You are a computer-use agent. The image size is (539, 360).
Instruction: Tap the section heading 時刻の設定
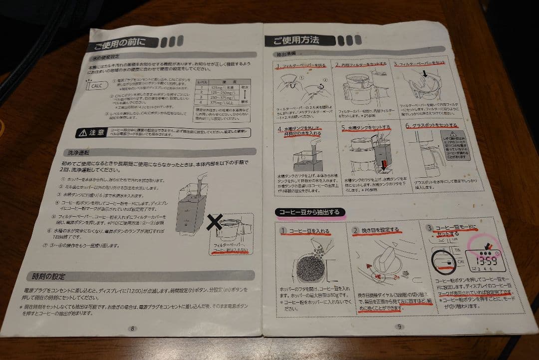click(49, 277)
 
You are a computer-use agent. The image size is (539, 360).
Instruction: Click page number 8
click(132, 328)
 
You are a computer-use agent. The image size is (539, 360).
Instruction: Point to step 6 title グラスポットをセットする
click(431, 125)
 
